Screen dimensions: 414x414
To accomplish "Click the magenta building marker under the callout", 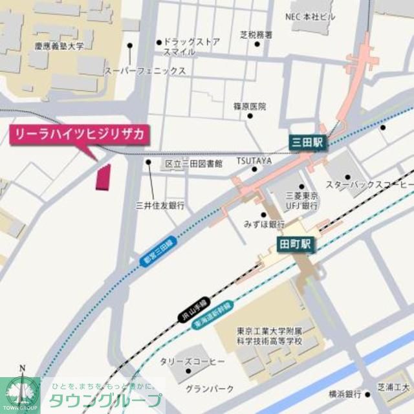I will (x=103, y=177).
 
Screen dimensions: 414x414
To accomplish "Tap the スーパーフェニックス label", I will (x=146, y=71).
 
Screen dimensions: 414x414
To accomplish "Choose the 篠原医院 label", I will (x=250, y=106).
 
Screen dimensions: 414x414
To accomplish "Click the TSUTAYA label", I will (x=254, y=160).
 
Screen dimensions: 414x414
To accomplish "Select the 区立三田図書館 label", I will (x=193, y=164).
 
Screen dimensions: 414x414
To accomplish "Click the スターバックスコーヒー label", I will (x=369, y=186).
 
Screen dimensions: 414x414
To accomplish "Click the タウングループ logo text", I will (x=105, y=399).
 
